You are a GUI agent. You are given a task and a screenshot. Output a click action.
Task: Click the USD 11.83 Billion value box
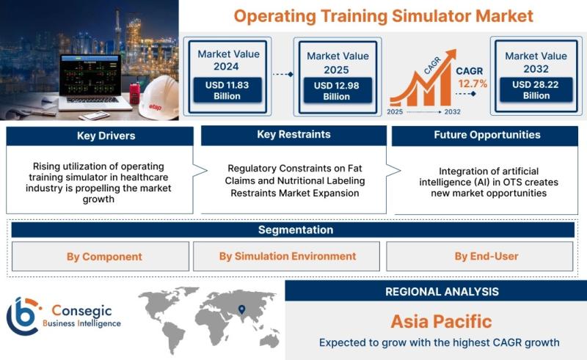pyautogui.click(x=227, y=90)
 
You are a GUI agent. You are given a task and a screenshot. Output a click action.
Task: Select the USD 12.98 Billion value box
pyautogui.click(x=338, y=91)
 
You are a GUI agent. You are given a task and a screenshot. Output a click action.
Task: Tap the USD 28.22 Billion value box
pyautogui.click(x=536, y=89)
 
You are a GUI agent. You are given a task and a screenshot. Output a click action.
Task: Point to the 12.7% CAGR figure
pyautogui.click(x=473, y=84)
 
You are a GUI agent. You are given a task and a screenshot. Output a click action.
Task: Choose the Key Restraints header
pyautogui.click(x=293, y=135)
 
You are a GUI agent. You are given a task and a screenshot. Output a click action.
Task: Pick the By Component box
pyautogui.click(x=101, y=257)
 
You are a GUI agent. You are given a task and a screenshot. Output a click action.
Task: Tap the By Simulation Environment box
pyautogui.click(x=286, y=257)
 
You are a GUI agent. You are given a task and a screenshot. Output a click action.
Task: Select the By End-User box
pyautogui.click(x=480, y=257)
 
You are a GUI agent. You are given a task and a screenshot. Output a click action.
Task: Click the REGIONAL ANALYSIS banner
pyautogui.click(x=436, y=291)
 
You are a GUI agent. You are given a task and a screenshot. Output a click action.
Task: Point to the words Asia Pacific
pyautogui.click(x=442, y=321)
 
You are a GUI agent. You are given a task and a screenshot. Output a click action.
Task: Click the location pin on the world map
pyautogui.click(x=242, y=309)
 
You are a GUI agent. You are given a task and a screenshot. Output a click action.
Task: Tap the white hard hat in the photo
pyautogui.click(x=159, y=98)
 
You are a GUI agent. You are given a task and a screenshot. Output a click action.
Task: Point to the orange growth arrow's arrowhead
pyautogui.click(x=451, y=55)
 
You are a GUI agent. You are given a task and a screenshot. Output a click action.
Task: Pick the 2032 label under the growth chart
pyautogui.click(x=452, y=111)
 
